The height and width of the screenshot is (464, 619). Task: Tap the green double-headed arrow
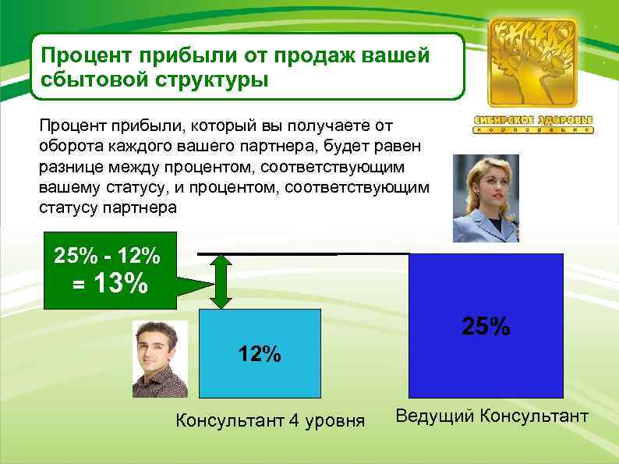point(221,281)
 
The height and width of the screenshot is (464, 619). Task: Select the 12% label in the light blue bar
point(260,354)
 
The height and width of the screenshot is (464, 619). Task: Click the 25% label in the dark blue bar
point(486,326)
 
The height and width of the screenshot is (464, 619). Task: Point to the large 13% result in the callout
point(119,285)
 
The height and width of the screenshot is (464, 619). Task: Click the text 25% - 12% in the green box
point(107,254)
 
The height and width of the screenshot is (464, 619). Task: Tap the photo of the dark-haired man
point(160,360)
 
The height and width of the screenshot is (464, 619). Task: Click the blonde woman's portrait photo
point(486,197)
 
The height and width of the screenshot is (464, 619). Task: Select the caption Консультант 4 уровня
point(271,422)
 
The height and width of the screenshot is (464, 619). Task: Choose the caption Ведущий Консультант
point(492,416)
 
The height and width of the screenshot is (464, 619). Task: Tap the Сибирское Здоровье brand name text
point(533,121)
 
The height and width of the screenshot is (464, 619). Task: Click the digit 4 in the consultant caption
point(294,422)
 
